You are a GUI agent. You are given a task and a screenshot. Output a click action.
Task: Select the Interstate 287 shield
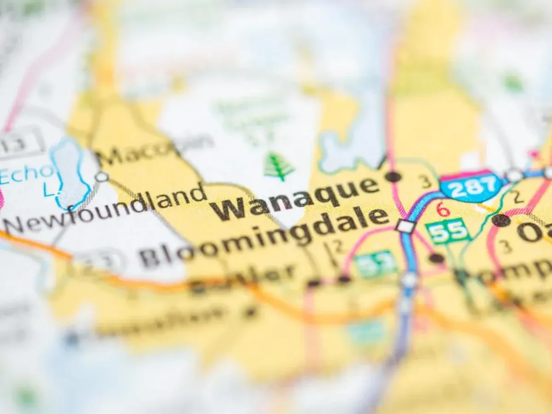tap(470, 186)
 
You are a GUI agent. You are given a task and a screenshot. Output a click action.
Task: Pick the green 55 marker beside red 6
tap(447, 231)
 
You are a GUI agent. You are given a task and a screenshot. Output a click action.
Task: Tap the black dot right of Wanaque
tap(393, 176)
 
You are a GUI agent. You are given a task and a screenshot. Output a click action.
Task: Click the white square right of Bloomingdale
tap(405, 226)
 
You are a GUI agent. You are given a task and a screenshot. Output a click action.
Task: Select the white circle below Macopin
tap(102, 177)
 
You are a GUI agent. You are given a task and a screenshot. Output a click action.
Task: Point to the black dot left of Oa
tap(500, 220)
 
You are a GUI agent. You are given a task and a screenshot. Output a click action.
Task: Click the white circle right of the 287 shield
tap(514, 175)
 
